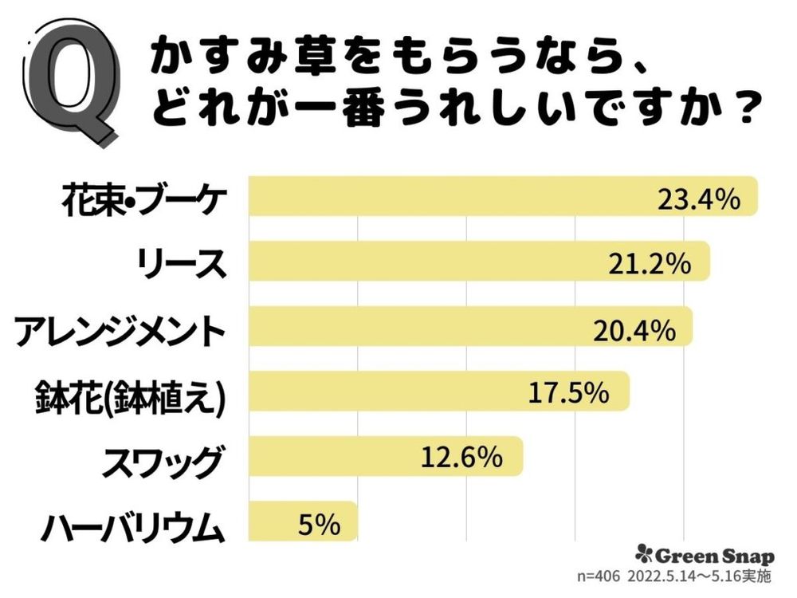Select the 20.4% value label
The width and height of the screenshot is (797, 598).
click(x=634, y=329)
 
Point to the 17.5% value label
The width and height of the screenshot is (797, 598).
click(x=568, y=393)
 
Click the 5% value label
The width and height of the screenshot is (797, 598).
click(x=319, y=524)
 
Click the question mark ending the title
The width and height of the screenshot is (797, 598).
click(x=741, y=108)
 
